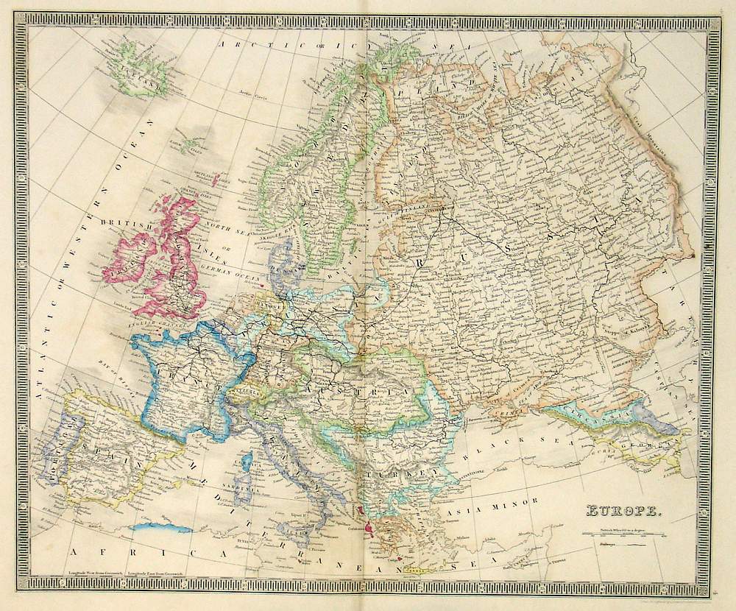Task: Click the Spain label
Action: pyautogui.click(x=107, y=458)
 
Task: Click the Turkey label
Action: pyautogui.click(x=401, y=473)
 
